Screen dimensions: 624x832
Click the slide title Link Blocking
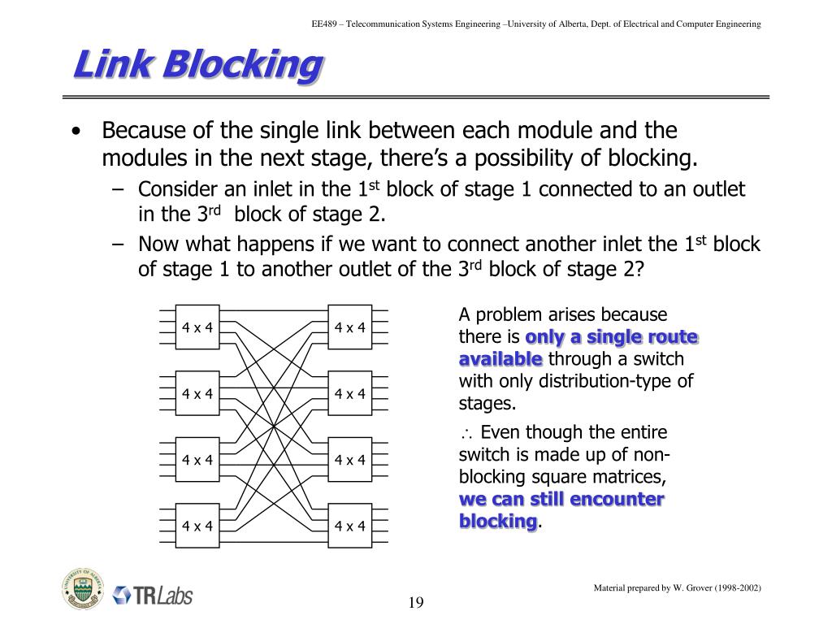click(x=197, y=65)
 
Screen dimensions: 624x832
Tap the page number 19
click(x=416, y=602)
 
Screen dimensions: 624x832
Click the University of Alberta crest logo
click(x=82, y=588)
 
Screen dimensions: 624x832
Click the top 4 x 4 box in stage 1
click(x=197, y=327)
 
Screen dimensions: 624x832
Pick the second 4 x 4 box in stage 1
click(x=197, y=394)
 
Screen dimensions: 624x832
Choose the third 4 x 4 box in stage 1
click(x=197, y=460)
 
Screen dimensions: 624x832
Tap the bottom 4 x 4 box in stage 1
click(x=197, y=526)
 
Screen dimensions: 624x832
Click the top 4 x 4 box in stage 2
click(x=350, y=327)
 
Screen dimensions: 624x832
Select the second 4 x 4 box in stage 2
click(x=350, y=394)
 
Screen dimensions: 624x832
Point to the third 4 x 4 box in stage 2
click(x=350, y=460)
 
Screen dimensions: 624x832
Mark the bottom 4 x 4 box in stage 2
click(x=350, y=526)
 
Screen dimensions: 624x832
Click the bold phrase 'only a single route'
click(x=612, y=337)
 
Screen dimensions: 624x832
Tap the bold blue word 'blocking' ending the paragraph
click(x=498, y=521)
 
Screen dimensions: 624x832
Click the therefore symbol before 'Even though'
click(x=466, y=433)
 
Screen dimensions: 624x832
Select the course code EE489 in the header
click(x=325, y=24)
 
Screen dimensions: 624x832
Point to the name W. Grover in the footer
click(x=691, y=587)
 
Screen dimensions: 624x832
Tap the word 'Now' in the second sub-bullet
click(x=154, y=245)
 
